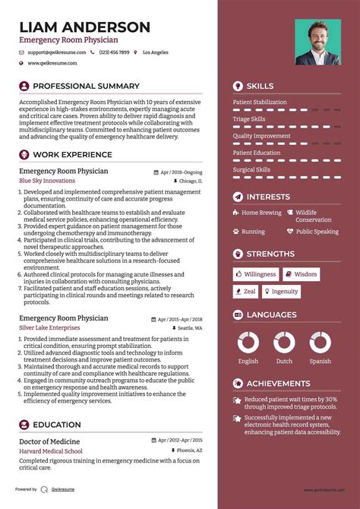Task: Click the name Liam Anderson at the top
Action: [x=85, y=27]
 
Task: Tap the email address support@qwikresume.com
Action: [x=55, y=52]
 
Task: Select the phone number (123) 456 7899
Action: [x=114, y=52]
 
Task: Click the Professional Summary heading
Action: [x=86, y=87]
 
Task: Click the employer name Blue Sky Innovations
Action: [x=47, y=182]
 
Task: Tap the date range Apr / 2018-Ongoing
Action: [x=181, y=172]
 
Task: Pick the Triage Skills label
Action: [x=249, y=119]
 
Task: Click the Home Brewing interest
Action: [x=261, y=213]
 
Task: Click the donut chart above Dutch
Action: [x=284, y=342]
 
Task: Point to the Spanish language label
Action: [x=320, y=362]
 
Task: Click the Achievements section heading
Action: [x=278, y=384]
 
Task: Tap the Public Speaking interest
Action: [x=317, y=232]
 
